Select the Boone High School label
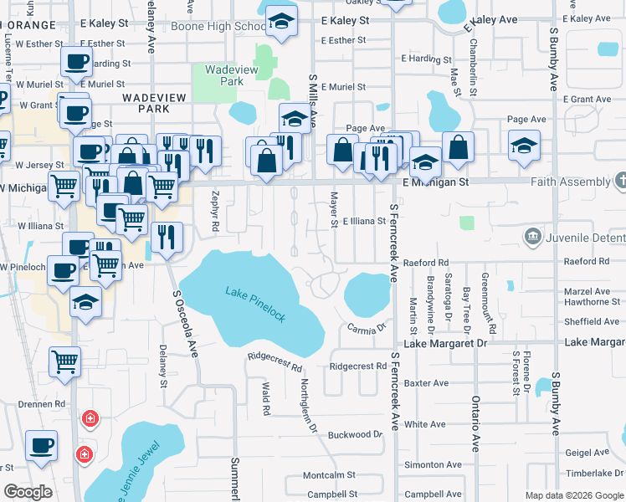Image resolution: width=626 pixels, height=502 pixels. [218, 27]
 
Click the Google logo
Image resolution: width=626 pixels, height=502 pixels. [28, 492]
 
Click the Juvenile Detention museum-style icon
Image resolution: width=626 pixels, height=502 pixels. [531, 238]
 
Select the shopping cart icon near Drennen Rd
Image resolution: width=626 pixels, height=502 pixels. [64, 362]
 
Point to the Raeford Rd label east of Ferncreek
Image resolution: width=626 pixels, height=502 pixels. [426, 262]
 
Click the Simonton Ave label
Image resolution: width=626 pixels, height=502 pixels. [432, 465]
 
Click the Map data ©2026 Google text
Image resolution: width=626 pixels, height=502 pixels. [574, 495]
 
